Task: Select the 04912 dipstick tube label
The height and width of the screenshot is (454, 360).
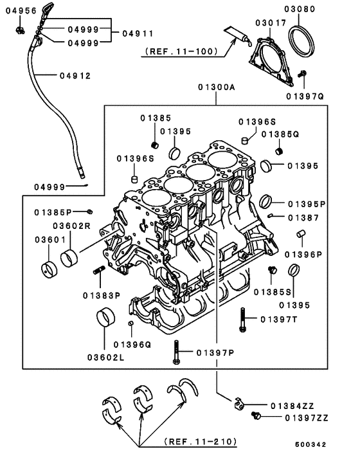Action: pyautogui.click(x=75, y=75)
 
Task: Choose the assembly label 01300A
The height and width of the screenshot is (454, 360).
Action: pyautogui.click(x=217, y=86)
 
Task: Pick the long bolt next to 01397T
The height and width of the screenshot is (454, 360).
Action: pyautogui.click(x=242, y=319)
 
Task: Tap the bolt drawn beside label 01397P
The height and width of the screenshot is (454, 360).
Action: pyautogui.click(x=175, y=352)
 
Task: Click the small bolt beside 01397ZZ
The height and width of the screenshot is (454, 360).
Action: pyautogui.click(x=256, y=417)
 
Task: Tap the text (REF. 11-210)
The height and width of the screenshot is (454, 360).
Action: pyautogui.click(x=200, y=442)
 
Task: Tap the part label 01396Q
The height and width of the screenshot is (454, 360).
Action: pyautogui.click(x=131, y=344)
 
